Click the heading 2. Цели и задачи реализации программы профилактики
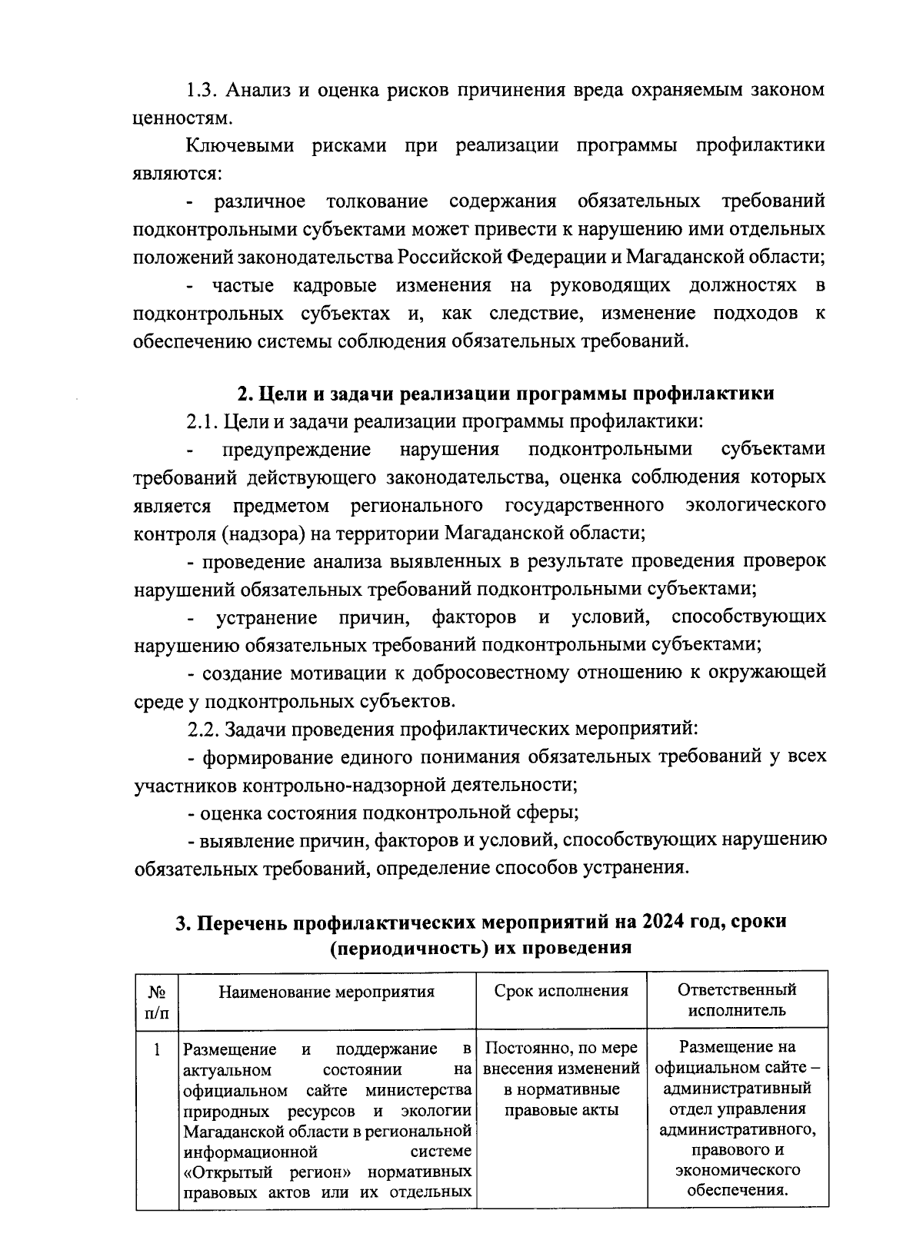[505, 394]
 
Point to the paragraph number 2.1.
[203, 421]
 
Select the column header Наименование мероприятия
[327, 992]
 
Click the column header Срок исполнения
[561, 991]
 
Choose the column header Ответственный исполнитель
[737, 999]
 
